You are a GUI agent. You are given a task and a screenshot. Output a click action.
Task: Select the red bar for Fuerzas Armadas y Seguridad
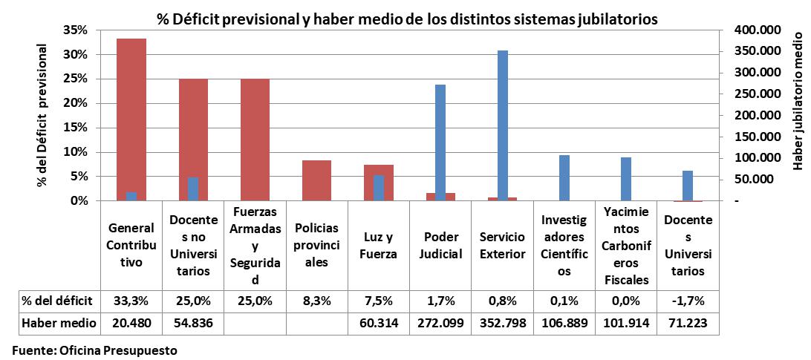(255, 140)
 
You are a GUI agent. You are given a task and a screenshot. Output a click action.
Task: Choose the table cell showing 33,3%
(131, 301)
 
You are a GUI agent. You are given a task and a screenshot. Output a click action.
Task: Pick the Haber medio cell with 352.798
(502, 324)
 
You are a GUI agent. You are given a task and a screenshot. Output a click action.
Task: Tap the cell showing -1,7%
(688, 301)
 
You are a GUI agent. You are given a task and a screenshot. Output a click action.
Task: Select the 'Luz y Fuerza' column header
(379, 246)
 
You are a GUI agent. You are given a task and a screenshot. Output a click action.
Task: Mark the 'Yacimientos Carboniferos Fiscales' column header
(626, 246)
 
